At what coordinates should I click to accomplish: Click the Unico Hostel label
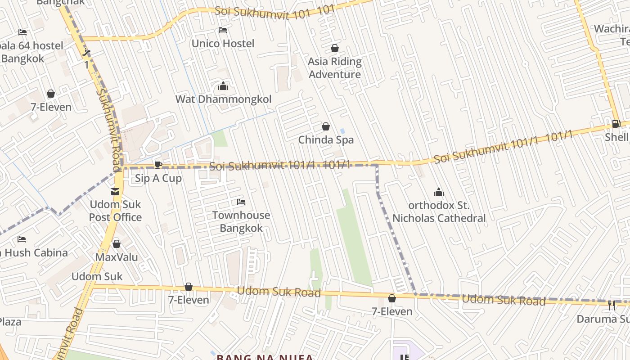223,44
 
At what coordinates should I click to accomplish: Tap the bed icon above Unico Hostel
223,31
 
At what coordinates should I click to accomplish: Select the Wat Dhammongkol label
223,99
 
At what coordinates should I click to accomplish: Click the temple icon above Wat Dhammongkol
223,86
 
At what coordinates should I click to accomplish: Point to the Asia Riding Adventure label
335,68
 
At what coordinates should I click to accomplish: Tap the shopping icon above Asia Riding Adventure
335,48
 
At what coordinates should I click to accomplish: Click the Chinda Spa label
326,140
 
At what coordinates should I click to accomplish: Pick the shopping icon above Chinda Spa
326,127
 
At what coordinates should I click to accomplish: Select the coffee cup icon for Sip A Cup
158,165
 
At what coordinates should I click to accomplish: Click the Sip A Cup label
158,178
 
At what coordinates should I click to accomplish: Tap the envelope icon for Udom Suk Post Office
115,192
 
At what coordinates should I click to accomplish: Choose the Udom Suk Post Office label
115,211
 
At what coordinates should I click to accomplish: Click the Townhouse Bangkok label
241,221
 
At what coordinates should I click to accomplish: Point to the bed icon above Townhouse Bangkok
241,202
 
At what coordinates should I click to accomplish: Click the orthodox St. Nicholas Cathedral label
439,212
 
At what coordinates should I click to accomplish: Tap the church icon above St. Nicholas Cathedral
439,193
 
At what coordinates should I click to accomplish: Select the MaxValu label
117,257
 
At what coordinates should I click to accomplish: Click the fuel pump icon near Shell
616,124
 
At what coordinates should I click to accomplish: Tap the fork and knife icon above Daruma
612,305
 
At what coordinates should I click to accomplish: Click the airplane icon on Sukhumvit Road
86,53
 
